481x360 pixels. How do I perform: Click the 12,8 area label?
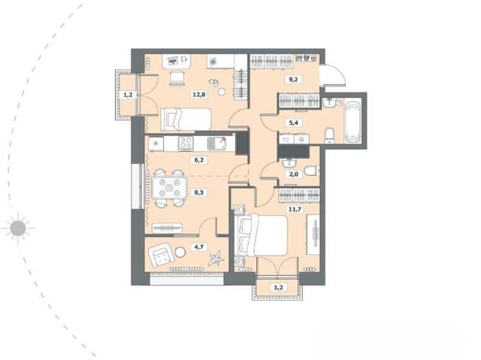pos(198,95)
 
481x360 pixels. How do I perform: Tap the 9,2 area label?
pos(294,80)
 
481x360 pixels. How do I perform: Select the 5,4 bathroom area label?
pos(294,123)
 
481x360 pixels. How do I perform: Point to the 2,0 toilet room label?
pos(294,174)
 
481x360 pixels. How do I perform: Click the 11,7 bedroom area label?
pos(295,210)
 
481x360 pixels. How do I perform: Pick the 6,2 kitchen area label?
pos(198,160)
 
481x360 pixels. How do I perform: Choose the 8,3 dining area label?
pos(198,192)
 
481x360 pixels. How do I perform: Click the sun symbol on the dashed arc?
pos(18,228)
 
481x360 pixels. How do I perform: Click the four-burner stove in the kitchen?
pos(186,144)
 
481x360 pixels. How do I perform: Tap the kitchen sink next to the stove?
pos(216,144)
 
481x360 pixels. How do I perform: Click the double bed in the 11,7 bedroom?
pos(262,235)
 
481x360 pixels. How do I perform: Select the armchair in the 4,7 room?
pos(162,255)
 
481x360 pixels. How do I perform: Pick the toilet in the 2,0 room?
pos(312,171)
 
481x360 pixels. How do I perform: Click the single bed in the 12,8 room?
pos(186,119)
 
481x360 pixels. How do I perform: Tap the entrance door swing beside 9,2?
pos(333,75)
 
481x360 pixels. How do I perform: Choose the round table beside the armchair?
pos(180,253)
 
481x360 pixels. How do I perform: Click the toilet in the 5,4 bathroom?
pos(330,135)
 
